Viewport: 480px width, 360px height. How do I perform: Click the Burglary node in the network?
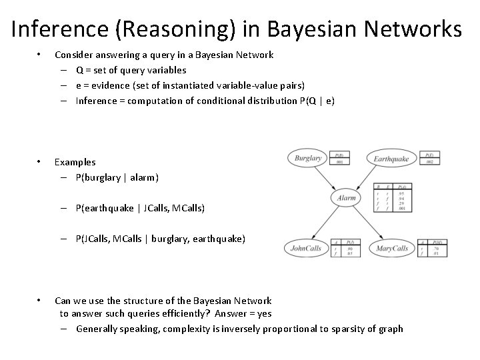pyautogui.click(x=308, y=159)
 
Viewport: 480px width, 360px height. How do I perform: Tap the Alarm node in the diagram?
pyautogui.click(x=347, y=198)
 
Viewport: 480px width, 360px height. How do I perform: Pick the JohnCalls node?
pyautogui.click(x=306, y=249)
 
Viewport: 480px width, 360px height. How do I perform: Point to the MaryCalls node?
pyautogui.click(x=391, y=249)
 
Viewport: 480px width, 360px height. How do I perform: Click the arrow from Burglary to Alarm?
pyautogui.click(x=326, y=178)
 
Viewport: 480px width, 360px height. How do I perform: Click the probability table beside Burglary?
pyautogui.click(x=339, y=157)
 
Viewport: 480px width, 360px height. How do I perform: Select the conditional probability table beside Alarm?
pyautogui.click(x=393, y=198)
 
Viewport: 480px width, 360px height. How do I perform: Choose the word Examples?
pyautogui.click(x=75, y=162)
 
